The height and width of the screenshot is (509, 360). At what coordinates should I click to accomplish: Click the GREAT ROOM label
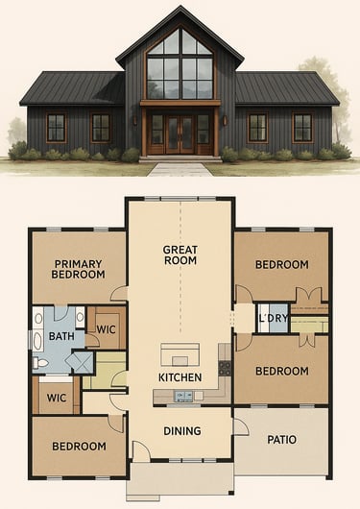point(180,255)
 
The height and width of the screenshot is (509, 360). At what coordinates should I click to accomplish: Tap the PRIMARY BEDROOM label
point(78,269)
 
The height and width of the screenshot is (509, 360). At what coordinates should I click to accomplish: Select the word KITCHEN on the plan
point(180,377)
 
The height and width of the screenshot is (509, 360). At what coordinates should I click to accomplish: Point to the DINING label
point(182,431)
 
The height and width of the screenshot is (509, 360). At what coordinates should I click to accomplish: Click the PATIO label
point(282,440)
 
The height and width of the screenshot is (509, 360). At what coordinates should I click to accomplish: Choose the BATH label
point(61,336)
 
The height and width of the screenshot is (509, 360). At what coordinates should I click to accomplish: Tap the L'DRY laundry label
point(274,318)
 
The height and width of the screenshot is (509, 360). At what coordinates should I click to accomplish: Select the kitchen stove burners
point(225,368)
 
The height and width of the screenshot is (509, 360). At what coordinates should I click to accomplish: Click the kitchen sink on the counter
point(183,396)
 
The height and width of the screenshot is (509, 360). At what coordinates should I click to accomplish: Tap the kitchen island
point(180,354)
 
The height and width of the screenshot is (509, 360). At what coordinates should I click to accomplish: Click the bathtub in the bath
point(38,340)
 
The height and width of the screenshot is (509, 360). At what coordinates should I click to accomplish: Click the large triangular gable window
point(180,64)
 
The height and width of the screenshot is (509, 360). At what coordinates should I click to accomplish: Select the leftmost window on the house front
point(56,128)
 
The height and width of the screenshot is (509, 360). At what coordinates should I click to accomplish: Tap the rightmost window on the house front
point(302,128)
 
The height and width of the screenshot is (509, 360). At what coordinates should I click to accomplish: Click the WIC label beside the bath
point(107,329)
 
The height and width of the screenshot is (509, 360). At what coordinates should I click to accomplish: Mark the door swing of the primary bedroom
point(119,293)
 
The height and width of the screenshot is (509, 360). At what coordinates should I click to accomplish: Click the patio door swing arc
point(242,426)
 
